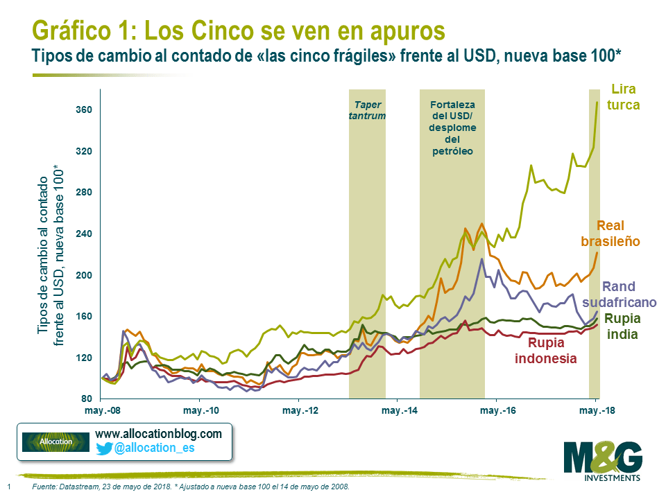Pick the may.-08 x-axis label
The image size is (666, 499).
[x=101, y=411]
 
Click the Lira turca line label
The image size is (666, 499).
[x=624, y=97]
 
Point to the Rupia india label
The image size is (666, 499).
[x=621, y=326]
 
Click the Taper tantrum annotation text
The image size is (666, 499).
[x=367, y=111]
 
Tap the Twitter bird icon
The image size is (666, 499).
[x=104, y=448]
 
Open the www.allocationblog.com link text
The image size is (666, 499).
[x=158, y=434]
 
